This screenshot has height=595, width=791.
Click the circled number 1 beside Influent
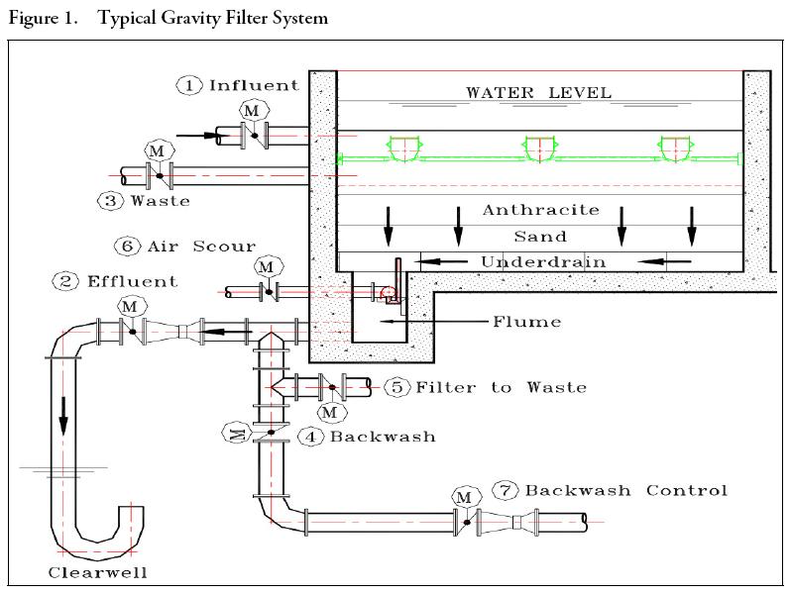tap(190, 85)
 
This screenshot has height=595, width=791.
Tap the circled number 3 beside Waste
tap(108, 200)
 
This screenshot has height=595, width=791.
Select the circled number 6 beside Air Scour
tap(127, 246)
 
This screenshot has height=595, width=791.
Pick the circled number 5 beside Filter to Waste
tap(397, 387)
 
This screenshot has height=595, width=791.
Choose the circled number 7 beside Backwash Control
tap(506, 490)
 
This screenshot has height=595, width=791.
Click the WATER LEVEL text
tap(539, 94)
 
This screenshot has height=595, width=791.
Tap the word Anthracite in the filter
tap(541, 210)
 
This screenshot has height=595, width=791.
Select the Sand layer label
tap(540, 237)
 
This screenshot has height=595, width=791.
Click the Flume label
tap(526, 322)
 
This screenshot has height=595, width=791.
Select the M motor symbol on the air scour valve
tap(266, 265)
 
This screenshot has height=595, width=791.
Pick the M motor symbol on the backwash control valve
tap(463, 495)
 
